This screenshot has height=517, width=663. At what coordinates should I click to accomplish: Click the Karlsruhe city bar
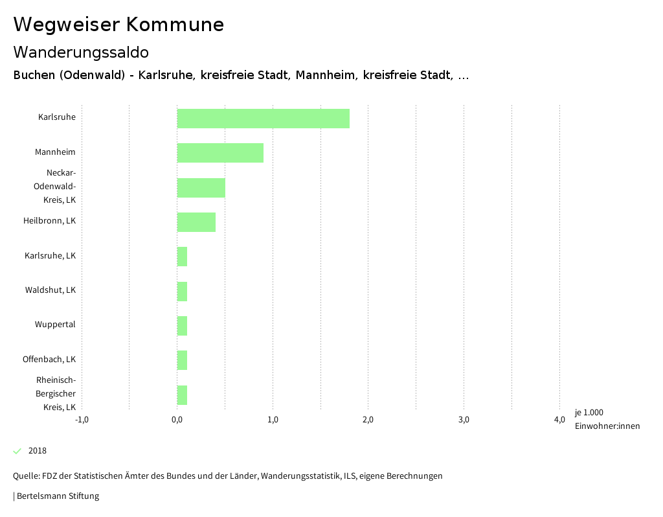[x=263, y=119]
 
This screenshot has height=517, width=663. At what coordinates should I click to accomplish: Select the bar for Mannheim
[x=220, y=153]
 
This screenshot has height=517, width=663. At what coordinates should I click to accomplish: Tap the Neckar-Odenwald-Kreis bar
[x=201, y=188]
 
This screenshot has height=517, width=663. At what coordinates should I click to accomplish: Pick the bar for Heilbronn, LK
[x=196, y=222]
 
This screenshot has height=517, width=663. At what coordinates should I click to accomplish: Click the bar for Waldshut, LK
[x=182, y=292]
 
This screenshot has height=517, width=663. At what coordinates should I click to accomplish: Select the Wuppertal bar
[x=182, y=326]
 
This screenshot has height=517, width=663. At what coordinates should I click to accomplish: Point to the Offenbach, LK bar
[x=182, y=360]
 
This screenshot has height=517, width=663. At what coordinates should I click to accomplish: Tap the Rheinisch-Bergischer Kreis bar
[x=182, y=395]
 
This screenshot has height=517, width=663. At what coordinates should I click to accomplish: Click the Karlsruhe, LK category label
[x=50, y=255]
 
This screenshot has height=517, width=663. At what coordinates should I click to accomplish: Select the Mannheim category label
[x=55, y=152]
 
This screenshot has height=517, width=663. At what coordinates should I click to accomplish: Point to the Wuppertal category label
[x=55, y=324]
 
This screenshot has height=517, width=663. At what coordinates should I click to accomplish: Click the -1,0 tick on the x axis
[x=82, y=420]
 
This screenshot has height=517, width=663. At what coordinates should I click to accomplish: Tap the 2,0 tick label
[x=368, y=420]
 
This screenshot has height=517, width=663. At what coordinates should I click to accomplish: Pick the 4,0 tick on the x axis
[x=559, y=420]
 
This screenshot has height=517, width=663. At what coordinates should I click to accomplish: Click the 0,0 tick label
[x=177, y=420]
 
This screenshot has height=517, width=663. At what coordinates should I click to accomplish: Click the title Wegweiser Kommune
[x=118, y=25]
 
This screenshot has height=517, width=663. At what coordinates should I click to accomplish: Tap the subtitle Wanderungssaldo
[x=81, y=52]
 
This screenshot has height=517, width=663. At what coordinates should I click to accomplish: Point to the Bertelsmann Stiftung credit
[x=57, y=496]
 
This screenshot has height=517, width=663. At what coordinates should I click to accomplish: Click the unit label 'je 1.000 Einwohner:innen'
[x=607, y=419]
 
